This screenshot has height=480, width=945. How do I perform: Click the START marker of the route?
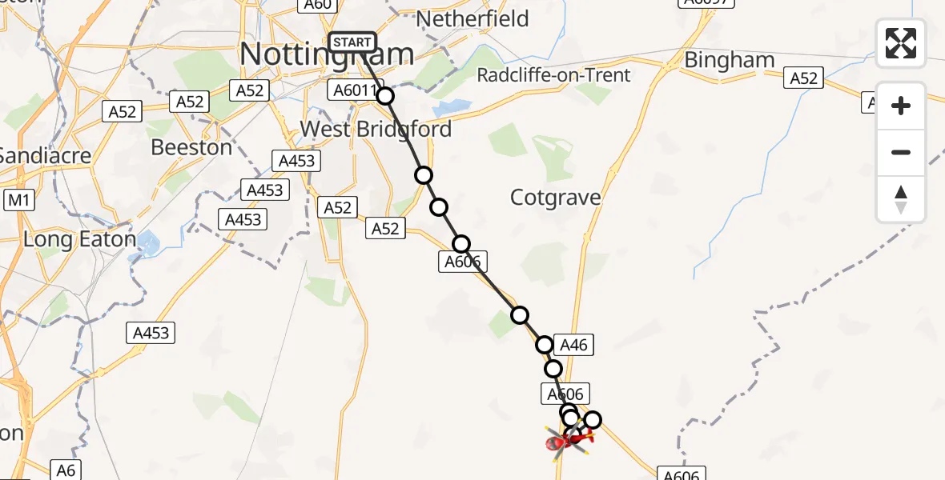click(352, 42)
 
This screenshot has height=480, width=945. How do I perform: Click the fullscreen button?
click(901, 43)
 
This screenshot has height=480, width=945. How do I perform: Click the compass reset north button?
click(901, 199)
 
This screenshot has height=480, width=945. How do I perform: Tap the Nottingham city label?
click(327, 55)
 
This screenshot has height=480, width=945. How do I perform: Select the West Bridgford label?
click(376, 129)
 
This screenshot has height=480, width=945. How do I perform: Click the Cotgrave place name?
click(556, 197)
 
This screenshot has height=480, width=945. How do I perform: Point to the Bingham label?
click(730, 60)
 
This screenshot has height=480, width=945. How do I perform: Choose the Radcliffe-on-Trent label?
click(554, 75)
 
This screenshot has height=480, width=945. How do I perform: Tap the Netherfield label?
click(472, 18)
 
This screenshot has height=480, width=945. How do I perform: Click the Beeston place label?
click(192, 147)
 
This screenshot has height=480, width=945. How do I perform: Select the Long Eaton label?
click(79, 238)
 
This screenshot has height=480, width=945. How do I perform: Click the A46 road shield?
click(573, 346)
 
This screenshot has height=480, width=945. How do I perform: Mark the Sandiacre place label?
click(45, 155)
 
